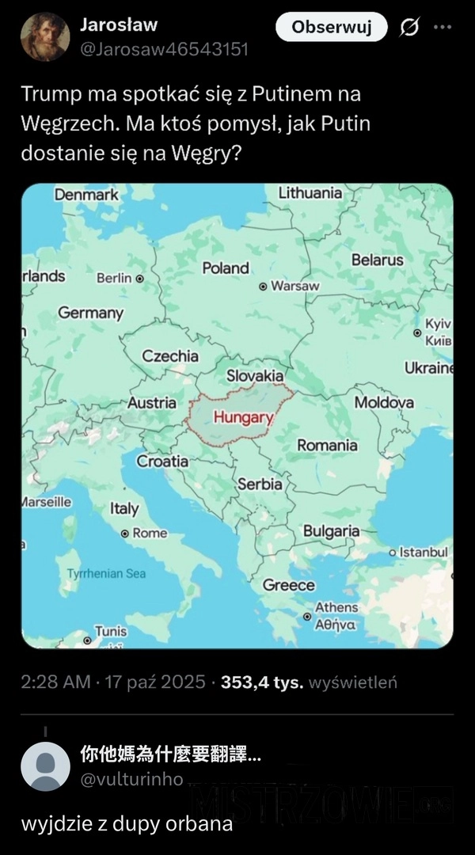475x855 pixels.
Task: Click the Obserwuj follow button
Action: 331,28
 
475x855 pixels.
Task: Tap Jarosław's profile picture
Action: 44,37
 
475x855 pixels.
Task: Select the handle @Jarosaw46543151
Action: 164,49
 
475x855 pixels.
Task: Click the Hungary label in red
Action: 243,416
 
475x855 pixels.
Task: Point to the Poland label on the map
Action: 226,268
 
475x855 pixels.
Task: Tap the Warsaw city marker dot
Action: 264,286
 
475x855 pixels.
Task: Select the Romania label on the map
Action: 327,445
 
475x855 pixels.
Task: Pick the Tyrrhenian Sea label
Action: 106,573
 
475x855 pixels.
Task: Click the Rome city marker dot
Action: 125,534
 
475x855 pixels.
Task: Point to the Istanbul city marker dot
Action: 393,552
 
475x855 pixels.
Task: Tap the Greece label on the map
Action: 288,585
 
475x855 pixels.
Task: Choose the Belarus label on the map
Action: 377,260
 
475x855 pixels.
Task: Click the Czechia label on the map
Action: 170,356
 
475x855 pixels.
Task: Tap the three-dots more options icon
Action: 442,27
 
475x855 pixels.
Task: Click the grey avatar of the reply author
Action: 45,766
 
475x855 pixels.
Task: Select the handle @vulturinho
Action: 131,779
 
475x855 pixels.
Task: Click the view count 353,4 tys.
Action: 262,682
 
